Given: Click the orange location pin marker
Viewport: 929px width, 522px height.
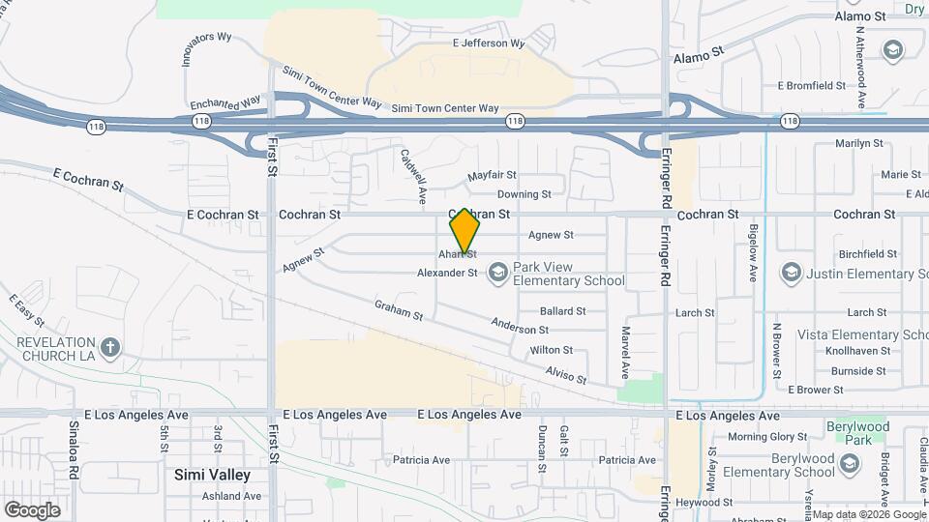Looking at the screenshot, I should [x=464, y=231].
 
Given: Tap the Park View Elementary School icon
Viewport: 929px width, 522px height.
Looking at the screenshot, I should [x=497, y=274].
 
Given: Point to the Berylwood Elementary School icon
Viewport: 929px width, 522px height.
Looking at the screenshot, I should [x=850, y=466].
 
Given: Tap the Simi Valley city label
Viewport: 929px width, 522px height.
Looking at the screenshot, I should [x=212, y=475].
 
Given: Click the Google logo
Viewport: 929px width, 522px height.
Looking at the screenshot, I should [x=32, y=509].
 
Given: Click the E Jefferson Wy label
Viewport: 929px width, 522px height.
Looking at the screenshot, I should [x=489, y=43].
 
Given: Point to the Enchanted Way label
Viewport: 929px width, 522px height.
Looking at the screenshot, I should [x=225, y=102].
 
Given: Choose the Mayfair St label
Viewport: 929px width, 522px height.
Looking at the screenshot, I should [x=492, y=176].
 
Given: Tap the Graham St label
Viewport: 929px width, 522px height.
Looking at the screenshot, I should [x=399, y=310].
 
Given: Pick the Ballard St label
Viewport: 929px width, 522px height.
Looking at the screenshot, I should [x=562, y=311].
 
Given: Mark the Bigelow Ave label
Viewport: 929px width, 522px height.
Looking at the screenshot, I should [x=752, y=254].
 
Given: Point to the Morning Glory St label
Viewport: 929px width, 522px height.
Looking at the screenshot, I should [x=767, y=437].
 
